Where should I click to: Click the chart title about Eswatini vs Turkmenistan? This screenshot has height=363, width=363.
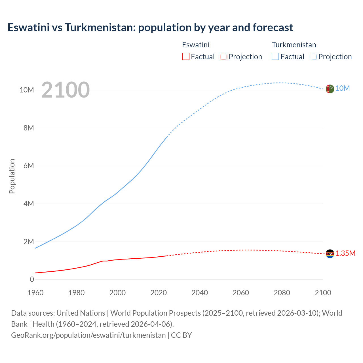click(x=150, y=28)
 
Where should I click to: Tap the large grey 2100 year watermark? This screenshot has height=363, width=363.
click(x=66, y=90)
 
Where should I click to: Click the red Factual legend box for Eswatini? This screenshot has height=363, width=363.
click(x=185, y=56)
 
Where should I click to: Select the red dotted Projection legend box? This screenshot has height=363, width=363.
click(x=223, y=56)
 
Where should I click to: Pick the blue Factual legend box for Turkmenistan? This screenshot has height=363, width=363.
click(x=275, y=56)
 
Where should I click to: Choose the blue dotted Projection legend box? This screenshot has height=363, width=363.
click(x=313, y=56)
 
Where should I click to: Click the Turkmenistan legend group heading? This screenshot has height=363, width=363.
click(x=294, y=45)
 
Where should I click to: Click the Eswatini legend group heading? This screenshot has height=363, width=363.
click(x=196, y=45)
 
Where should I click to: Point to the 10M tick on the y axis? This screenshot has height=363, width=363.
click(x=27, y=90)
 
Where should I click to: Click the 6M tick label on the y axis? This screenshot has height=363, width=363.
click(x=29, y=166)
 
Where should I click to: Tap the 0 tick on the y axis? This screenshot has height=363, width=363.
click(x=32, y=279)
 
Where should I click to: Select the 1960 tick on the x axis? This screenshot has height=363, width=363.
click(x=35, y=293)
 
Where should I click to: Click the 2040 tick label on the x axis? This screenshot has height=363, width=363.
click(x=200, y=293)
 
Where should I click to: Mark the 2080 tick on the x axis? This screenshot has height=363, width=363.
click(x=282, y=293)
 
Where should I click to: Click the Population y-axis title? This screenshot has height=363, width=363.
click(x=12, y=176)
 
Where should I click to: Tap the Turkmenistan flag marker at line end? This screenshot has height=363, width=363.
click(x=330, y=89)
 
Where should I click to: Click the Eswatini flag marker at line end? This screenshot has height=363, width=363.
click(x=330, y=254)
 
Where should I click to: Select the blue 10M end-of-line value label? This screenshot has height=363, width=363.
click(x=343, y=88)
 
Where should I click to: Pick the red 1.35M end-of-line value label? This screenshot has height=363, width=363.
click(x=345, y=253)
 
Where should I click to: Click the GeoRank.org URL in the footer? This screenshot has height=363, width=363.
click(x=88, y=335)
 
